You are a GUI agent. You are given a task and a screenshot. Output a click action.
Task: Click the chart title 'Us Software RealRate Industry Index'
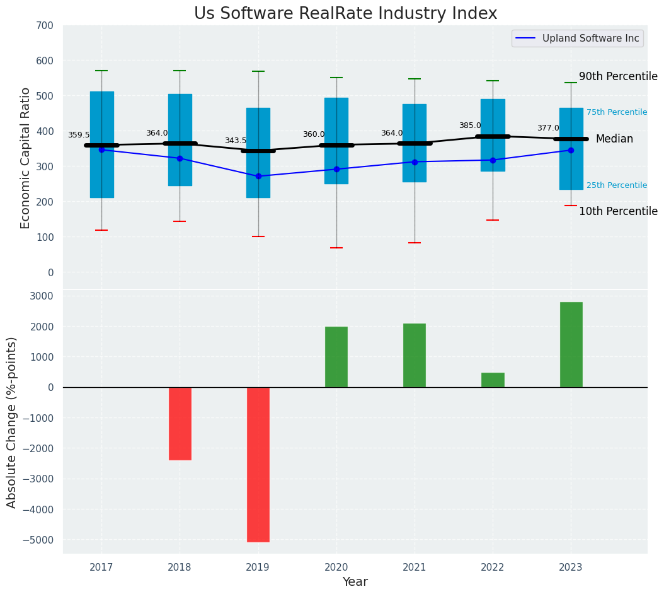(345, 14)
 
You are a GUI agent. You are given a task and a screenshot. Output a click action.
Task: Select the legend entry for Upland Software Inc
(578, 38)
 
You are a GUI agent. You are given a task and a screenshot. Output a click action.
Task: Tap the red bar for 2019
(258, 464)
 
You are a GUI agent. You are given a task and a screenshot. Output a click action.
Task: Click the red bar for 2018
(180, 423)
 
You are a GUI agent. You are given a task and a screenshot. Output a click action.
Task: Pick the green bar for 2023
(571, 344)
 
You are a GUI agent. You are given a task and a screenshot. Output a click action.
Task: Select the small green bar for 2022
(493, 380)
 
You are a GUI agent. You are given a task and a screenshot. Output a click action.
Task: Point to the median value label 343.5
(236, 141)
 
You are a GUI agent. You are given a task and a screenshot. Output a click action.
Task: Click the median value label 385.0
(470, 125)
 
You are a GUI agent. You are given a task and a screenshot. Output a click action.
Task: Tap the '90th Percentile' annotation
(618, 76)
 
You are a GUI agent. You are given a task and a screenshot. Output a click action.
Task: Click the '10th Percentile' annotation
(618, 211)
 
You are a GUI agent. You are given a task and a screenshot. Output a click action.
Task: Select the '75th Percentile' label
(617, 112)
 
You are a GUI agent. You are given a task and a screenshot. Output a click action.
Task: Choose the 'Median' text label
(614, 139)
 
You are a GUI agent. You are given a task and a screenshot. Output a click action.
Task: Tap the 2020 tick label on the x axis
(336, 568)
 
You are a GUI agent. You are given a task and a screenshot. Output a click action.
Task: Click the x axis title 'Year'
(355, 582)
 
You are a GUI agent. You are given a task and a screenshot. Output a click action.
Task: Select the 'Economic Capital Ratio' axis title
(26, 158)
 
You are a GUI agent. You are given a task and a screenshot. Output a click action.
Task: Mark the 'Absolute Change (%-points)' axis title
(12, 422)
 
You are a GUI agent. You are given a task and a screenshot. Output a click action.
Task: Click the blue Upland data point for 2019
(258, 176)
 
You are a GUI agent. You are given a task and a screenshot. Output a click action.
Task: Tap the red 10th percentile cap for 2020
(336, 248)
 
